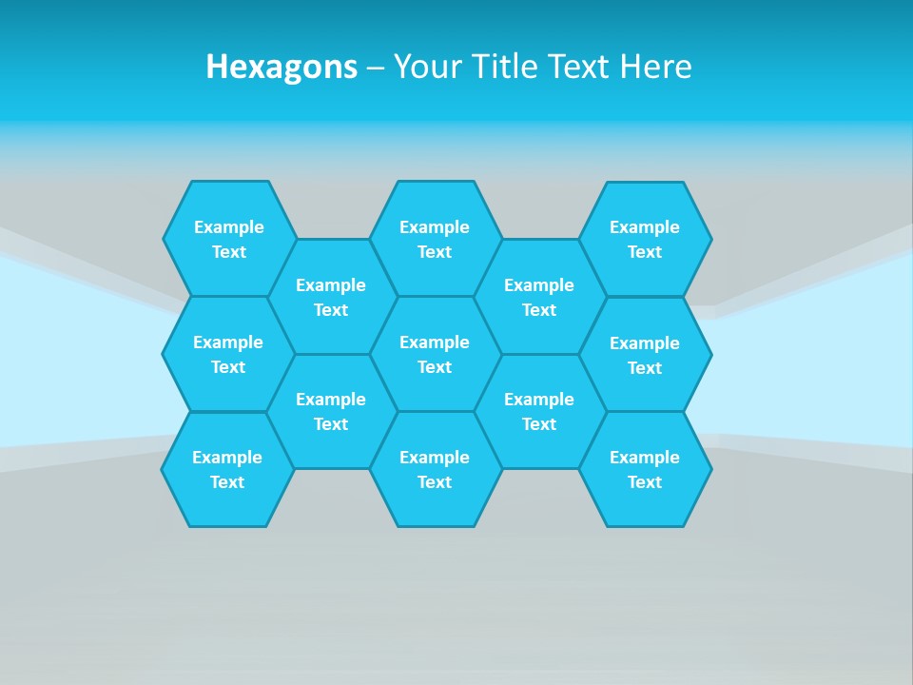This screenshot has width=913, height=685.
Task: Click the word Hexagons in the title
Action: [282, 67]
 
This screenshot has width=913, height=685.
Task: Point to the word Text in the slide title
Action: [580, 67]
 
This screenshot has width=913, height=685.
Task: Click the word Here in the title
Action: [655, 67]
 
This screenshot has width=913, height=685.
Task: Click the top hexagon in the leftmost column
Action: [229, 239]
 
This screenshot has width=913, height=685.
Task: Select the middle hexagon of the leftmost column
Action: [228, 354]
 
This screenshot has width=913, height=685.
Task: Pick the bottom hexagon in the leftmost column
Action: [227, 469]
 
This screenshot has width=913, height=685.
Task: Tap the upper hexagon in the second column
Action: [331, 297]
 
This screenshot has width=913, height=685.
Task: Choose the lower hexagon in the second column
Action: [331, 411]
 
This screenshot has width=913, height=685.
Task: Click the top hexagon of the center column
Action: [435, 239]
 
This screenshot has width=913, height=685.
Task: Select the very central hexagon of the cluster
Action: [435, 354]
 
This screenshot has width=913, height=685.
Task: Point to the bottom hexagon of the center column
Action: [435, 469]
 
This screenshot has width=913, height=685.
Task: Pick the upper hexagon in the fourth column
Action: [539, 297]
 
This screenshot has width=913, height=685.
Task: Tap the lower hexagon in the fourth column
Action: [539, 411]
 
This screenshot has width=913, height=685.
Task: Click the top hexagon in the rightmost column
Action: [645, 239]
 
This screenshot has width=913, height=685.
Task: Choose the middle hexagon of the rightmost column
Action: [645, 355]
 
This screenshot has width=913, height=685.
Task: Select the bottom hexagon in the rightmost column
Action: [645, 469]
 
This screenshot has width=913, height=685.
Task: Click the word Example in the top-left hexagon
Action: [229, 227]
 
